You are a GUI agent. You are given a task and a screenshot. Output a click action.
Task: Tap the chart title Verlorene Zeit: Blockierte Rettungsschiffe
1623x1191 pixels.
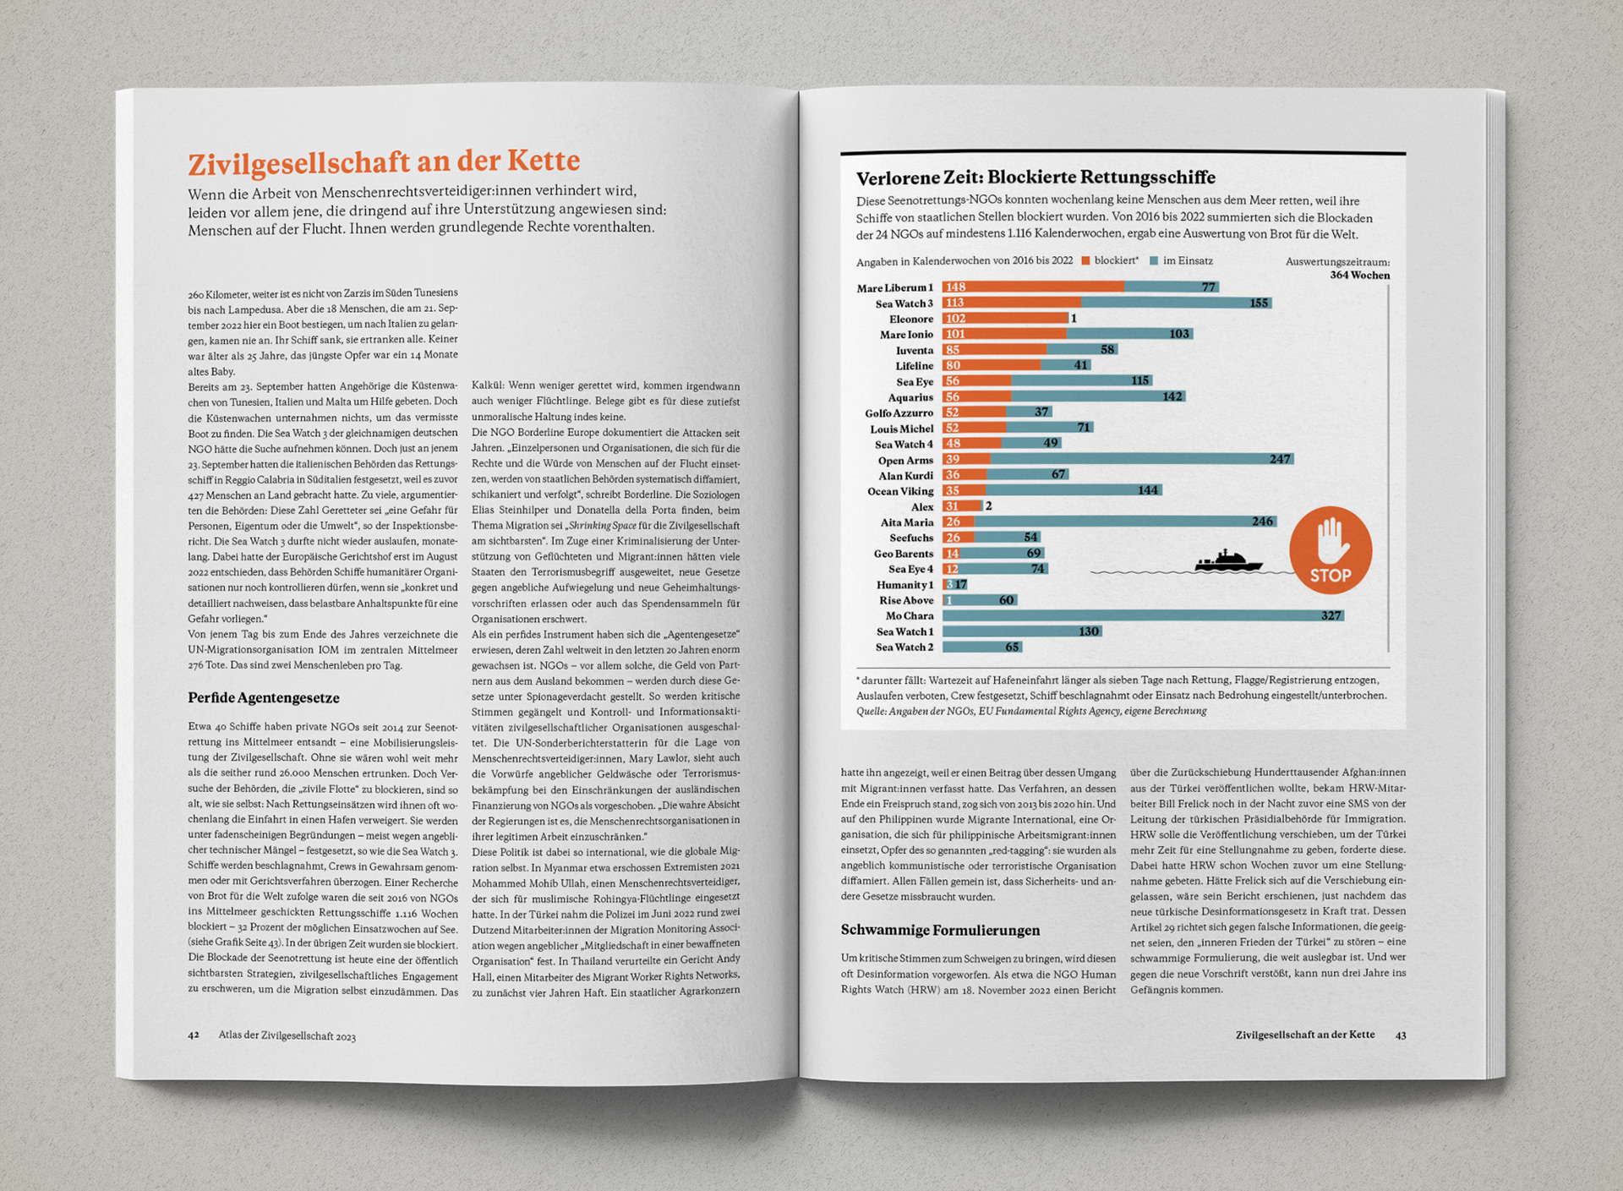[1036, 178]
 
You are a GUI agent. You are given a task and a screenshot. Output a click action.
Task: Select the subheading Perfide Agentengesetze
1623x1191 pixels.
[264, 697]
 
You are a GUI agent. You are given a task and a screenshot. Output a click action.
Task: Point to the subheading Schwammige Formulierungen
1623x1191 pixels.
[940, 930]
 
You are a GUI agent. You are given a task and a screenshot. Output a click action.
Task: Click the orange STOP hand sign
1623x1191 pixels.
[1331, 549]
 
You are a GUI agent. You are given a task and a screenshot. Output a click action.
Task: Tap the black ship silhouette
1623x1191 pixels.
[1228, 561]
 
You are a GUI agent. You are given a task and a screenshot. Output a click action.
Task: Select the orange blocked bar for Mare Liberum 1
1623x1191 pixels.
[1033, 287]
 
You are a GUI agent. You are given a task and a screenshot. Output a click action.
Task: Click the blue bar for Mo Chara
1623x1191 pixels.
[1143, 615]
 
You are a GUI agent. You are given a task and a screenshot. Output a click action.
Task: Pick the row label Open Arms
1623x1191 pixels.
[905, 461]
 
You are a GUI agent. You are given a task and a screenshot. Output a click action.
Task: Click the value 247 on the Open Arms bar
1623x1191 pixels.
[1280, 459]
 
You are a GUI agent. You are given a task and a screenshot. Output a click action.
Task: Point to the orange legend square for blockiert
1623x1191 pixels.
[1085, 261]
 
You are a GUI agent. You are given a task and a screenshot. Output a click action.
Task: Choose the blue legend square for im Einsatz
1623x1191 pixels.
[1153, 261]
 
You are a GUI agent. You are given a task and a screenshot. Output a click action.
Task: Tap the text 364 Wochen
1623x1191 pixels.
[1359, 276]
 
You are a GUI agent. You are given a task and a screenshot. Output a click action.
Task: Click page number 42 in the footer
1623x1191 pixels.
[194, 1035]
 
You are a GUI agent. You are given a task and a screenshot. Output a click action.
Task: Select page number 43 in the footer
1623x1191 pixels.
[1401, 1035]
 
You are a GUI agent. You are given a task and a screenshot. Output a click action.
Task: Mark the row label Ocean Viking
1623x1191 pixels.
[900, 491]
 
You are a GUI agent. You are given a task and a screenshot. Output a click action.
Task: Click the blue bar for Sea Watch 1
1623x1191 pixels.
[1022, 631]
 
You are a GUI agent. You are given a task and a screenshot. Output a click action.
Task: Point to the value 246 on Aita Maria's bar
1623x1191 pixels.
[1262, 522]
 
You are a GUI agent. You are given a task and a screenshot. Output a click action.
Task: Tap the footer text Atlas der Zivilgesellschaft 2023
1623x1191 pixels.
[287, 1035]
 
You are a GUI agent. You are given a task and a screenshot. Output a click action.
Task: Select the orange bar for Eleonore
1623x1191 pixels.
[1005, 319]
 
